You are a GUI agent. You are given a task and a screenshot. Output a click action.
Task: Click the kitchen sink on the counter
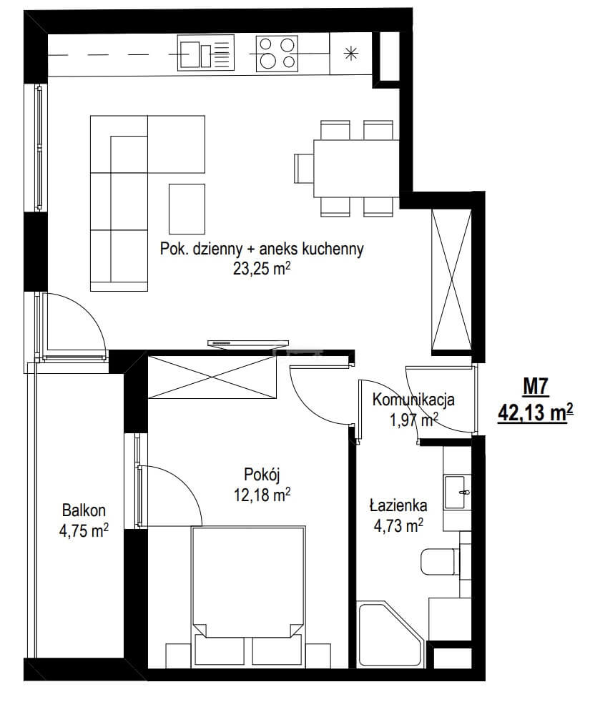206,53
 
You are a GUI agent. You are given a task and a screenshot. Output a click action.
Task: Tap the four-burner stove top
277,54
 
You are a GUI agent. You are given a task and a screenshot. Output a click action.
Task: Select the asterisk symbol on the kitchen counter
351,54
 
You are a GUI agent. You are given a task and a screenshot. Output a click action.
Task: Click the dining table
356,168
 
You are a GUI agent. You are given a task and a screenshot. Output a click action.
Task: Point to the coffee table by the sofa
187,209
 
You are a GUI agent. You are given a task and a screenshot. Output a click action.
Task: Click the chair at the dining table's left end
304,168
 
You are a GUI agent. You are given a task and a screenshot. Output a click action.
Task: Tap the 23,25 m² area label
262,269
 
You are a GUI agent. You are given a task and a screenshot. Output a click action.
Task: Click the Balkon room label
84,510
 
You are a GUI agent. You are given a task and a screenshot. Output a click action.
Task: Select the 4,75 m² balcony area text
84,530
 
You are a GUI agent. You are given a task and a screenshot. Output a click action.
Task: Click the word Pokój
262,474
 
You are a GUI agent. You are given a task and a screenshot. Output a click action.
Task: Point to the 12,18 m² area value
262,495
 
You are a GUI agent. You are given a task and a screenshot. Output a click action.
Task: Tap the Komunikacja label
413,400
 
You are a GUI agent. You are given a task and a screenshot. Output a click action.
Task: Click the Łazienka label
398,505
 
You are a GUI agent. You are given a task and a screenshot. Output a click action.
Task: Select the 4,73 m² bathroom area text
398,525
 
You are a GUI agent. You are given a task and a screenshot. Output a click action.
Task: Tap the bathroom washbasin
457,492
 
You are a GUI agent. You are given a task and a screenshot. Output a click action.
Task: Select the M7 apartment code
536,387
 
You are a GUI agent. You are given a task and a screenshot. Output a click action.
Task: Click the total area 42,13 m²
536,412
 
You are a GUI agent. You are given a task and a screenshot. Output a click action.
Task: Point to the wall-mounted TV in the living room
247,343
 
